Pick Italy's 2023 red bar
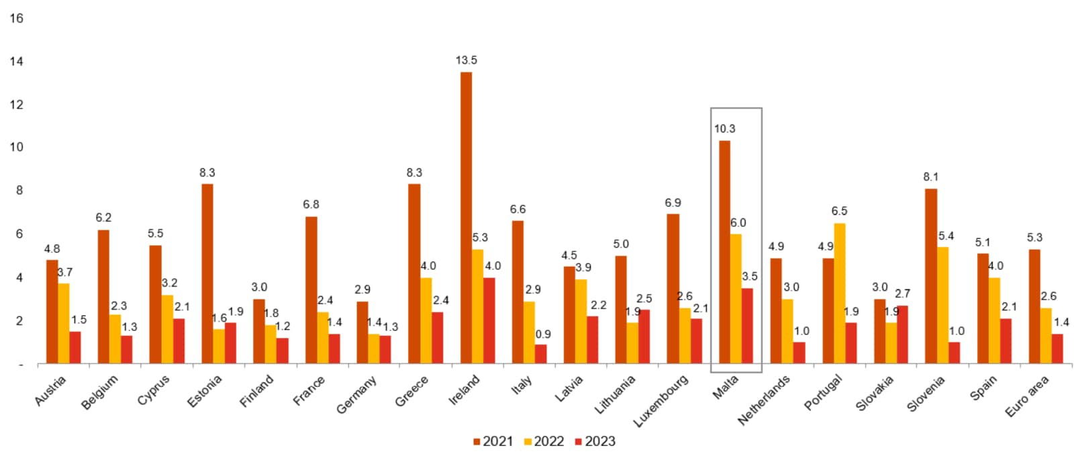pyautogui.click(x=540, y=354)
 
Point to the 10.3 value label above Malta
pyautogui.click(x=724, y=129)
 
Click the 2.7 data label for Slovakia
pyautogui.click(x=902, y=293)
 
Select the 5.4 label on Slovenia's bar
pyautogui.click(x=946, y=236)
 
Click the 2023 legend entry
pyautogui.click(x=595, y=441)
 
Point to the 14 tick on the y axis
pyautogui.click(x=16, y=61)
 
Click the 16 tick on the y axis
pyautogui.click(x=16, y=18)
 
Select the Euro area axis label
pyautogui.click(x=1027, y=396)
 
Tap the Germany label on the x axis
pyautogui.click(x=356, y=394)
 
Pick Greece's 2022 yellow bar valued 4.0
pyautogui.click(x=426, y=320)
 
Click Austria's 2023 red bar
pyautogui.click(x=75, y=347)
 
